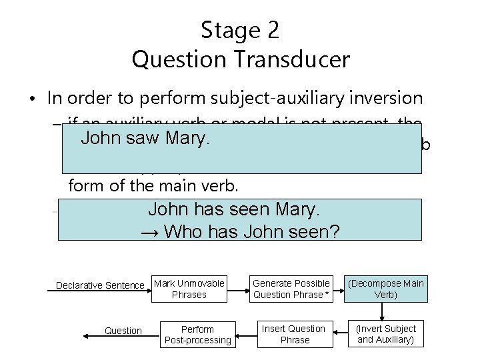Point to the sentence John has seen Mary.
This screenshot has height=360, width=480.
point(234,209)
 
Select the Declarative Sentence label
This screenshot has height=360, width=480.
point(100,285)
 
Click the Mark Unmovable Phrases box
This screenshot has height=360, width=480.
point(189,289)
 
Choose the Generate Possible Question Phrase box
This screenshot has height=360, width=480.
point(291,289)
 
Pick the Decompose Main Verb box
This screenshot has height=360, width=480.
point(386,289)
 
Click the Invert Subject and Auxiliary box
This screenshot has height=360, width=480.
point(386,334)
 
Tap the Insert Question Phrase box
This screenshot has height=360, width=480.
point(294,334)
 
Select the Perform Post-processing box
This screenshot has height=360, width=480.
point(198,335)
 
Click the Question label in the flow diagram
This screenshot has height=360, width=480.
point(123,331)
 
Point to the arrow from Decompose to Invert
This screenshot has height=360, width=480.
point(383,311)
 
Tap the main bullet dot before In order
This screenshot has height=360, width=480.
point(31,99)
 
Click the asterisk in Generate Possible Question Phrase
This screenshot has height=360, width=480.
point(327,295)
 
